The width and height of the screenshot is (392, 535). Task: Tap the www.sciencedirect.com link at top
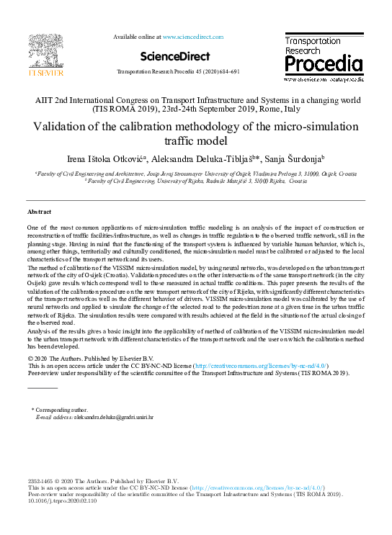click(193, 36)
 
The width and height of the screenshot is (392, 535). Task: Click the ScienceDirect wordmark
click(175, 56)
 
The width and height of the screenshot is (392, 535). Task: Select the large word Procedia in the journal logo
click(323, 66)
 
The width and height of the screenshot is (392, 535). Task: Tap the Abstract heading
click(39, 212)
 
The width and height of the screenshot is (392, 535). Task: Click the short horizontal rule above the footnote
click(42, 388)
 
